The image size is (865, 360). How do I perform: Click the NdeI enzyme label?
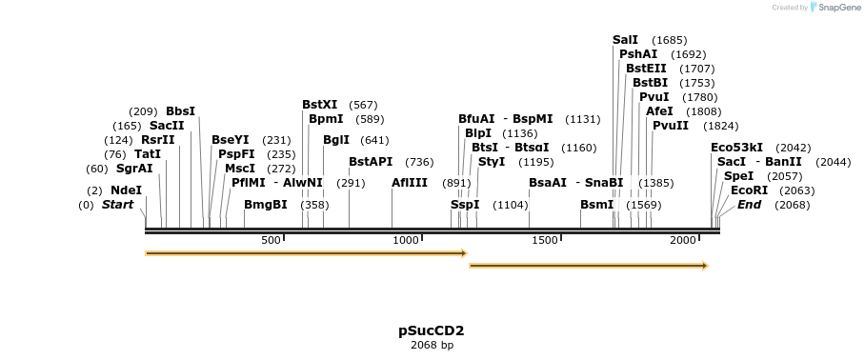pos(126,190)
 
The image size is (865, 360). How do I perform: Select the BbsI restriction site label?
pos(180,111)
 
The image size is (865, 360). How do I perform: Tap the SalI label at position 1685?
pos(625,40)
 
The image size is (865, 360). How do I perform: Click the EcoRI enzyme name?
pos(749,190)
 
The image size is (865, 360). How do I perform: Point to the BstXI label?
pos(319,105)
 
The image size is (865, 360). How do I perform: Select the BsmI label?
pos(596,205)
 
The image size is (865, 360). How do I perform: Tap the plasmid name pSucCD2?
pos(432,330)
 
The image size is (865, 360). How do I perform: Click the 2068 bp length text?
pos(432,345)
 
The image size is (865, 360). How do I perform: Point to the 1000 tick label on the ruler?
pos(407,241)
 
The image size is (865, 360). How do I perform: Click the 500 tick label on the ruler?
pos(271,241)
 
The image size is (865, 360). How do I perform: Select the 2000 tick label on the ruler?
pos(683,241)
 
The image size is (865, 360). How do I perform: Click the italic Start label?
pos(117,205)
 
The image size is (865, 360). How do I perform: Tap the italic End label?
pos(749,205)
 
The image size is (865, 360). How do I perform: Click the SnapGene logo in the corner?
pos(835,8)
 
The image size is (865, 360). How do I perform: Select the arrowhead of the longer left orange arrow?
pos(464,253)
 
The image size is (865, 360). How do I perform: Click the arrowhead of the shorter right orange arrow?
pos(705,266)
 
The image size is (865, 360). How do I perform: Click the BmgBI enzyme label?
pos(265,205)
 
